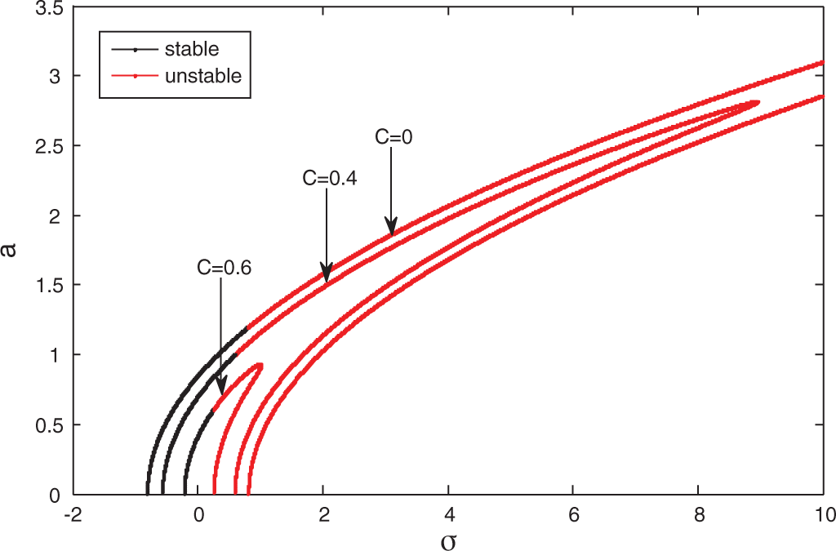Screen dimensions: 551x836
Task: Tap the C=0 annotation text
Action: (x=394, y=138)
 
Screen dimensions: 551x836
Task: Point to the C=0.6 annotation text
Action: (x=224, y=266)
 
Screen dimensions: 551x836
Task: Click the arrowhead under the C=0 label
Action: (x=392, y=228)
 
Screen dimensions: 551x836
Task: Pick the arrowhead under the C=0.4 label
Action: (x=327, y=274)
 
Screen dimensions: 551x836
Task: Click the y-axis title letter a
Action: (x=12, y=249)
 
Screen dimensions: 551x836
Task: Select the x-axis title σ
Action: (x=448, y=540)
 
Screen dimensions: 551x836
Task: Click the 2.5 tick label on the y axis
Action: (x=51, y=146)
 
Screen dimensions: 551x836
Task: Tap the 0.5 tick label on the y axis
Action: (x=51, y=425)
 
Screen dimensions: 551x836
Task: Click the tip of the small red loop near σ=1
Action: (x=260, y=365)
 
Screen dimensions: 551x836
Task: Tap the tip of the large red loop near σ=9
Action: (x=759, y=103)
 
